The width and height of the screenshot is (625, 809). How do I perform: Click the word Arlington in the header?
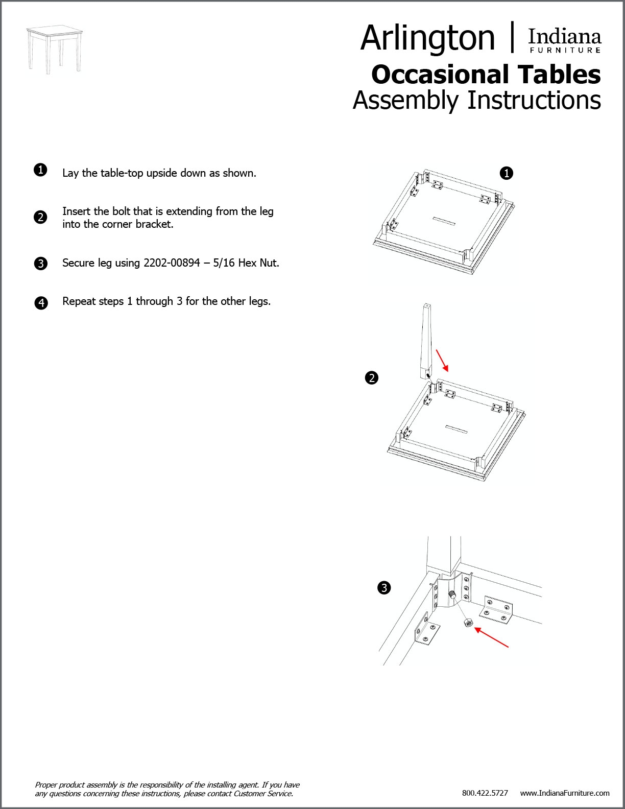click(427, 38)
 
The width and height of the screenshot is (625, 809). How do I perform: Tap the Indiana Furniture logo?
click(564, 41)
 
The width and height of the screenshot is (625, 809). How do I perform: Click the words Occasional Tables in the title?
click(486, 75)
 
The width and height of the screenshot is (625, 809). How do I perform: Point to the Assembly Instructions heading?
click(476, 100)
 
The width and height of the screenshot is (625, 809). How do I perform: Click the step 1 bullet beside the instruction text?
click(40, 170)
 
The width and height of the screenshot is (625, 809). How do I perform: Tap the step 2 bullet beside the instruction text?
click(40, 217)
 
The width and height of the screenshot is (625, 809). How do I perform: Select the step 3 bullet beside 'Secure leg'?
click(40, 264)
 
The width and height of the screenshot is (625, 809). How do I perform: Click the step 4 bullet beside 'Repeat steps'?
click(41, 303)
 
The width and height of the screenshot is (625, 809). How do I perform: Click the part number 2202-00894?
click(171, 263)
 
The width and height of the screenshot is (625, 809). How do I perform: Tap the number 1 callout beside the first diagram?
click(506, 174)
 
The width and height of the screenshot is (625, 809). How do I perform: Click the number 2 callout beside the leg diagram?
click(372, 378)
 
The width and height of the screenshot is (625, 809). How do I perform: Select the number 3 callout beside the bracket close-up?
click(384, 588)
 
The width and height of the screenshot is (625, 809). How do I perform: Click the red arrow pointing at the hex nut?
click(491, 638)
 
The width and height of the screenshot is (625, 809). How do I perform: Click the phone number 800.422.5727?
click(485, 793)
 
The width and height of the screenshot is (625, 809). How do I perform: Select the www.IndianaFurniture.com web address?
click(565, 793)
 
